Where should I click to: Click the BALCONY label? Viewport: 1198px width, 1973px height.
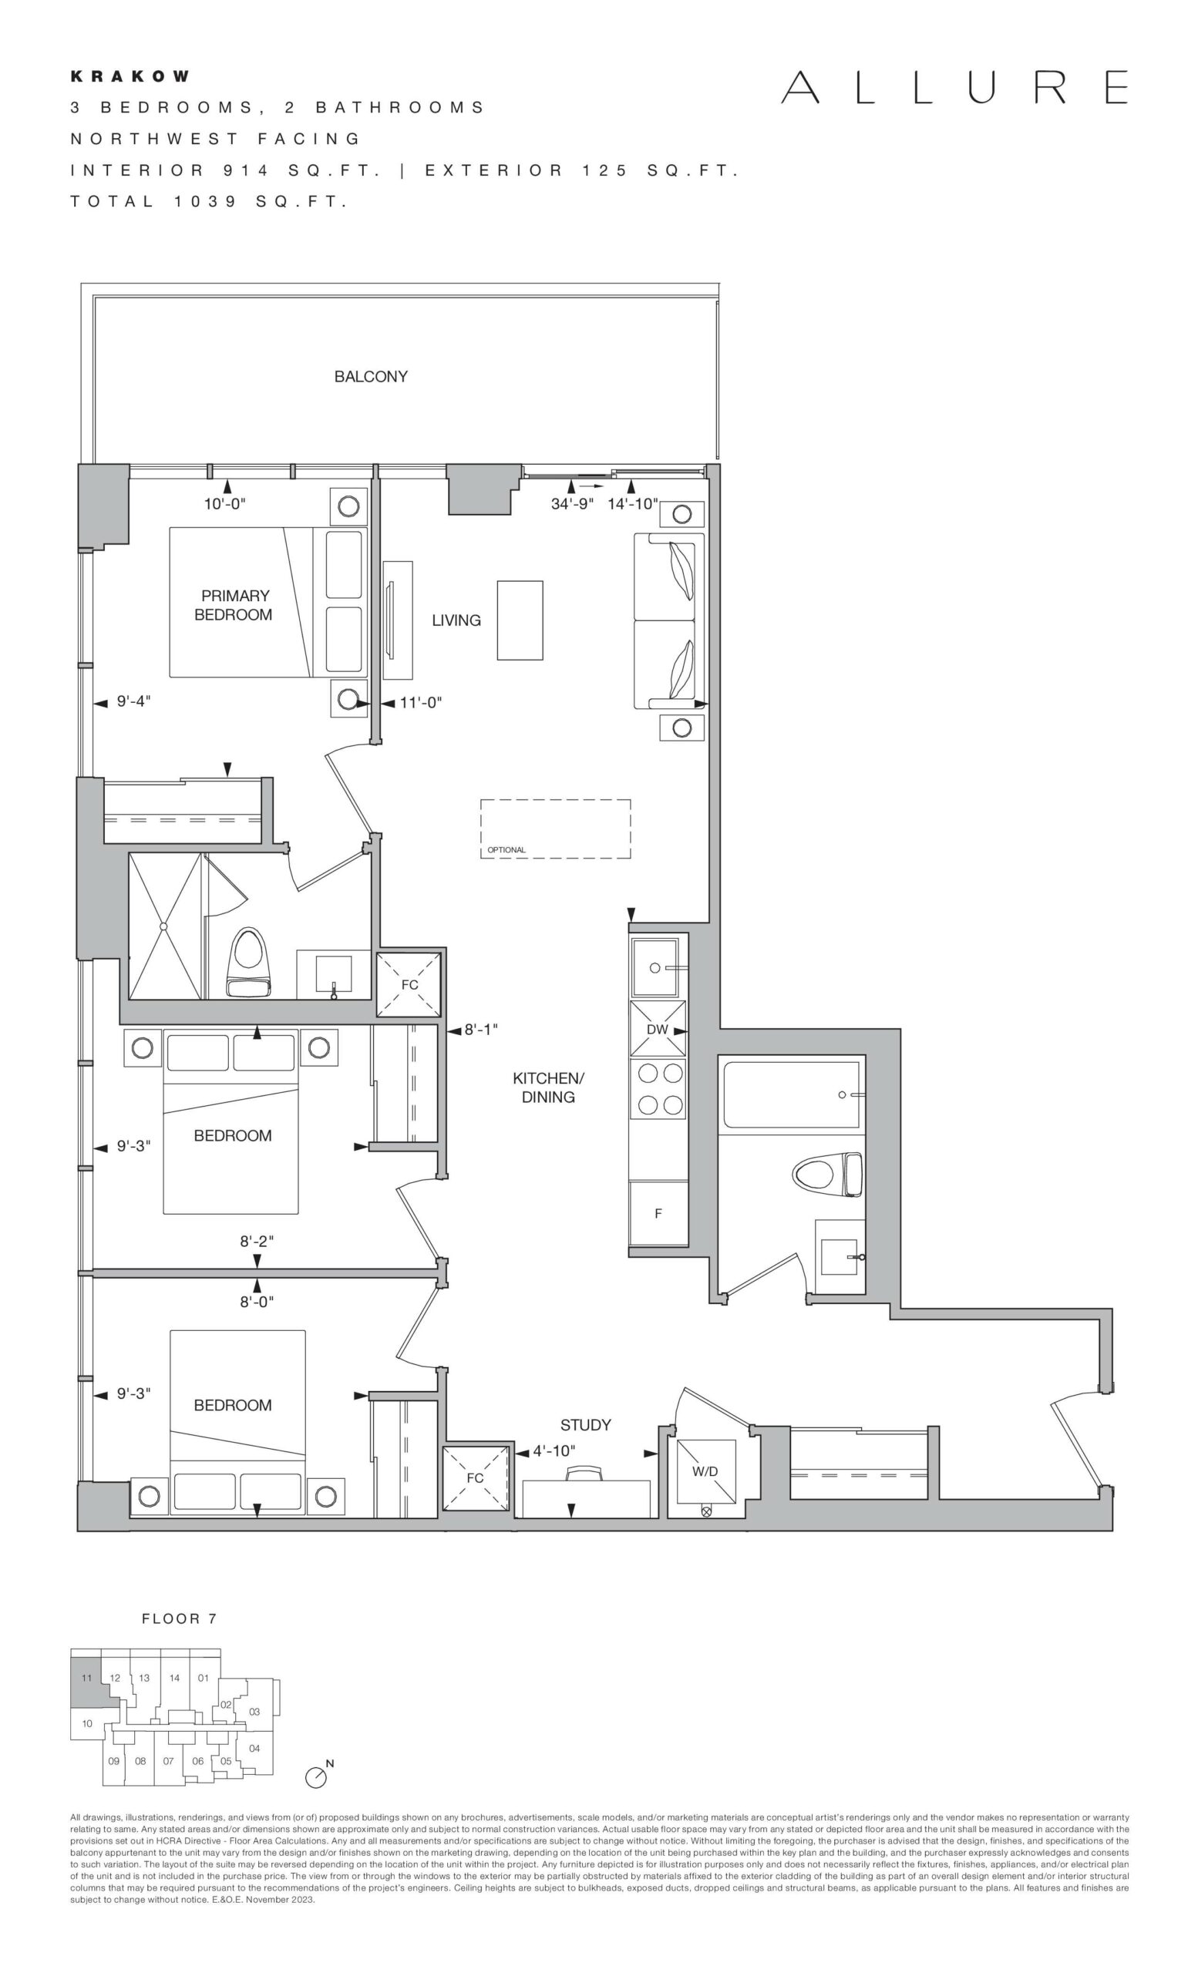371,376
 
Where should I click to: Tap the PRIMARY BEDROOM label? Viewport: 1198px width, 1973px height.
234,605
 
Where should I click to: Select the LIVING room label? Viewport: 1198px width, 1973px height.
456,620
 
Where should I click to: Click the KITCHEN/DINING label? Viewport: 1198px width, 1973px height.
549,1087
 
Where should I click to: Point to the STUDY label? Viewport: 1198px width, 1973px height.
585,1424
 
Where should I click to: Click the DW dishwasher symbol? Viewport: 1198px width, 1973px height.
658,1029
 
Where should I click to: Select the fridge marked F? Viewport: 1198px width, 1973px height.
658,1213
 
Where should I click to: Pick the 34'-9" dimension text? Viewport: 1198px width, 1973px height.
572,504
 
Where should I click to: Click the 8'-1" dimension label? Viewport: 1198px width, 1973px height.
481,1030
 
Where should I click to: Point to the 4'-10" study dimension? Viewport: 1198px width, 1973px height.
554,1450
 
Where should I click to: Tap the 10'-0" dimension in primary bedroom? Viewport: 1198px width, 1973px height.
225,504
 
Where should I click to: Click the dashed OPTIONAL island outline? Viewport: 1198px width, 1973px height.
556,829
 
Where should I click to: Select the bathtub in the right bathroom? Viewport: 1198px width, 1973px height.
791,1094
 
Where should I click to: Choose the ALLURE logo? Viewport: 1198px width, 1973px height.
954,86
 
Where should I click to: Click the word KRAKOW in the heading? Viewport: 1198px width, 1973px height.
130,76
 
